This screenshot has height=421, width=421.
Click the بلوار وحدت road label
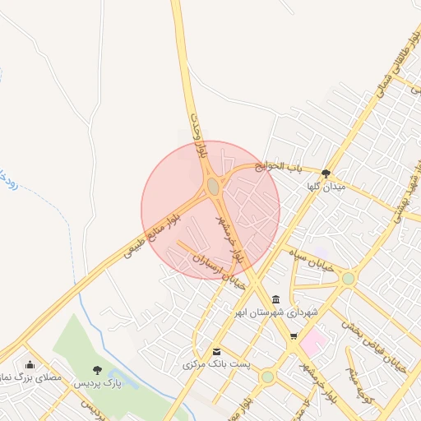pyautogui.click(x=199, y=136)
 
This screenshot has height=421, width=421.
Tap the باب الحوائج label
pyautogui.click(x=278, y=166)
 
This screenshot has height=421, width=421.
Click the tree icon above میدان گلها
pyautogui.click(x=326, y=173)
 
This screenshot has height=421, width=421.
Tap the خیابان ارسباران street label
pyautogui.click(x=219, y=266)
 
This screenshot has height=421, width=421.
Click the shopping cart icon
pyautogui.click(x=294, y=336)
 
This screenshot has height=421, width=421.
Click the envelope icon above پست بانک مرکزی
pyautogui.click(x=216, y=350)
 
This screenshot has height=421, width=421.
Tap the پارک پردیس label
pyautogui.click(x=97, y=383)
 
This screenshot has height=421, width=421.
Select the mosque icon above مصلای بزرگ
pyautogui.click(x=30, y=364)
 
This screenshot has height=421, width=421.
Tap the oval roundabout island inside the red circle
pyautogui.click(x=213, y=187)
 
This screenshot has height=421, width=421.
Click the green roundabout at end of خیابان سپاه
pyautogui.click(x=349, y=279)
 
